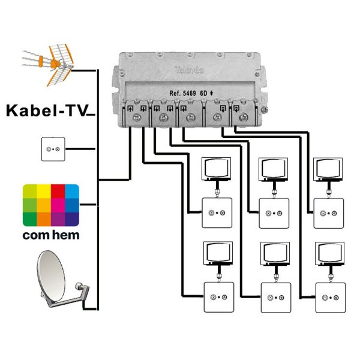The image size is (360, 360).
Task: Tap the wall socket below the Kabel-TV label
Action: tap(53, 149)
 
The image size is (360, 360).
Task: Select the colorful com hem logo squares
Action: tap(51, 205)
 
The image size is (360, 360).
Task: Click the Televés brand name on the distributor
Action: tap(191, 70)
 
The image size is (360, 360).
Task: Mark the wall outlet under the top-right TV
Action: tap(328, 213)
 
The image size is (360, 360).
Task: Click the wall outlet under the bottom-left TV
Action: tap(217, 297)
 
